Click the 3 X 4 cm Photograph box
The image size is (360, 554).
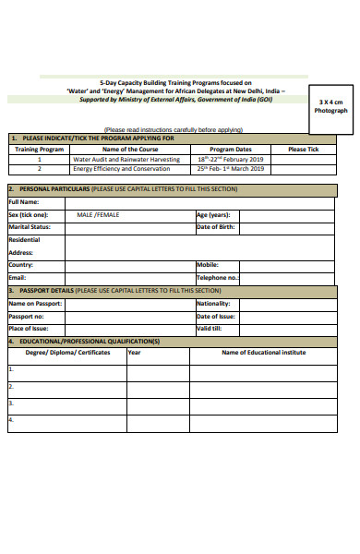(330, 105)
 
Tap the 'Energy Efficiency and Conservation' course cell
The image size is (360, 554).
(121, 169)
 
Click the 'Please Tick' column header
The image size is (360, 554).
(303, 149)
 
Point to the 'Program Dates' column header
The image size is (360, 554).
(231, 149)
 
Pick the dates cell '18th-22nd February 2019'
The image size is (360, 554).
(231, 159)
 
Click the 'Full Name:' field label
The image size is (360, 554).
(24, 201)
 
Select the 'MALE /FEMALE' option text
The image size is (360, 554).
(98, 214)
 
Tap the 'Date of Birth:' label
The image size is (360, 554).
(216, 226)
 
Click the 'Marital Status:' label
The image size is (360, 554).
(29, 226)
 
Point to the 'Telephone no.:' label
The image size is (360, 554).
(218, 277)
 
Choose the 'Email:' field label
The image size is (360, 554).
(17, 277)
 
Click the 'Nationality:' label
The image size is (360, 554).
(214, 303)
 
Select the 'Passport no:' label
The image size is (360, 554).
(26, 316)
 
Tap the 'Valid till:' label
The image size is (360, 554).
(209, 329)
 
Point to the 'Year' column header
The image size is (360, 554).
(134, 352)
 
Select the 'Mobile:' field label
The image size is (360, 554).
(207, 264)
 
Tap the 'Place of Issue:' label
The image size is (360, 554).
(28, 329)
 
